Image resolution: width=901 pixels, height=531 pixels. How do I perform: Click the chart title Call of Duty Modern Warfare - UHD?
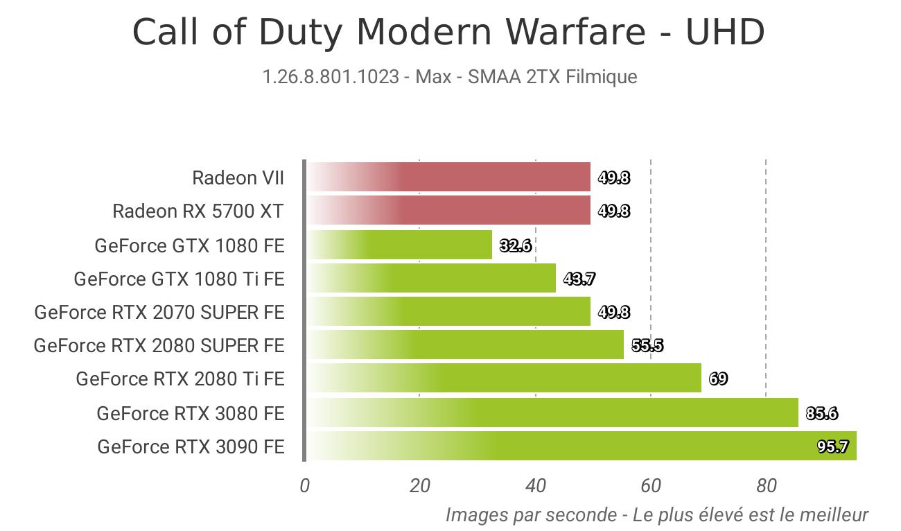click(x=448, y=32)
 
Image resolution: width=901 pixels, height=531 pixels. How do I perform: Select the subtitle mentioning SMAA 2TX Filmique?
click(x=450, y=77)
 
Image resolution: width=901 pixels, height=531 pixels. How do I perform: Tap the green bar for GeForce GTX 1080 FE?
click(x=400, y=245)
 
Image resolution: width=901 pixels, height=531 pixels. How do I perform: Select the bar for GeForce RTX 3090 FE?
click(x=582, y=446)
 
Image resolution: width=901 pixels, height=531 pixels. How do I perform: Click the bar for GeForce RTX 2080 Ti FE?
click(x=505, y=378)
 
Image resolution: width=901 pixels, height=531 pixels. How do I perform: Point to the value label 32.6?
click(x=516, y=245)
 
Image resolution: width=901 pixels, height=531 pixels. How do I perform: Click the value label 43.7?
click(x=579, y=279)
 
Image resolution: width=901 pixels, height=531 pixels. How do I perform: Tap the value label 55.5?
click(x=647, y=345)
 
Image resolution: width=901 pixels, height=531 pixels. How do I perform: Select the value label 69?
click(x=718, y=378)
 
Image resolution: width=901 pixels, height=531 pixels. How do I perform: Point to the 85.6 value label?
click(x=822, y=413)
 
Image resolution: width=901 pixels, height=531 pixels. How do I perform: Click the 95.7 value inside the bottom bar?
click(x=832, y=446)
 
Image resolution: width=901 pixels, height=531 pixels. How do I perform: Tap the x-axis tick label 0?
click(x=304, y=486)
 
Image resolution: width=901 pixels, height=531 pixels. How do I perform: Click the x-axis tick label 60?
click(x=651, y=486)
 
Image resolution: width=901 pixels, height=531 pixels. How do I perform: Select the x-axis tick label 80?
click(x=767, y=486)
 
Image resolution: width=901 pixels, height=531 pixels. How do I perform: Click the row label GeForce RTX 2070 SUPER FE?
click(x=159, y=312)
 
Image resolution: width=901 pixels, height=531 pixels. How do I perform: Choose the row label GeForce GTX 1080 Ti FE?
click(x=179, y=279)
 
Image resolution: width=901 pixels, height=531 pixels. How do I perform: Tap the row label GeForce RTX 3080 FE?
click(x=191, y=413)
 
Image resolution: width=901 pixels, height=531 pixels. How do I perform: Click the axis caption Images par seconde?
click(x=532, y=515)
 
